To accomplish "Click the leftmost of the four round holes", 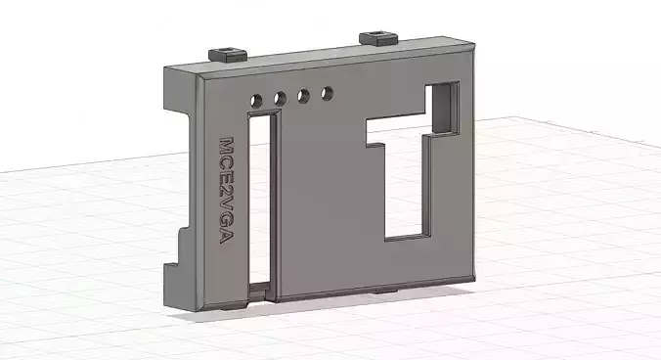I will pyautogui.click(x=256, y=100).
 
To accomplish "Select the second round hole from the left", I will pyautogui.click(x=280, y=98).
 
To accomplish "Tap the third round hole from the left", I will pyautogui.click(x=304, y=96).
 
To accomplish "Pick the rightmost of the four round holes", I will pyautogui.click(x=328, y=94).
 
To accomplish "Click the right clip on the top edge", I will pyautogui.click(x=377, y=38).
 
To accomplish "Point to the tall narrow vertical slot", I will pyautogui.click(x=261, y=196).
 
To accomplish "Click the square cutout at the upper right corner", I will pyautogui.click(x=445, y=108).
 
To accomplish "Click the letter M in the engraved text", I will pyautogui.click(x=225, y=147).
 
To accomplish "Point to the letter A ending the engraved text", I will pyautogui.click(x=230, y=251).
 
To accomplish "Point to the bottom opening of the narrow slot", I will pyautogui.click(x=261, y=292).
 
